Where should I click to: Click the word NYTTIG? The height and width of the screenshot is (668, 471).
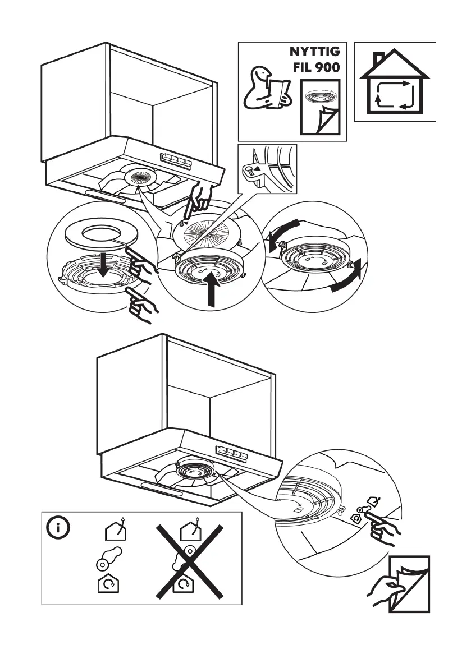coord(314,52)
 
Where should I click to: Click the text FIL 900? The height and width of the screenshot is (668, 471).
coord(316,67)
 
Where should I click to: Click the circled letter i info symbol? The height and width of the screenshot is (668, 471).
coord(57,528)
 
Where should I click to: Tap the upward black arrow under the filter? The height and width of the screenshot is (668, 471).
coord(212,290)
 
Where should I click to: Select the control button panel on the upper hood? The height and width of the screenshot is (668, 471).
coord(175,160)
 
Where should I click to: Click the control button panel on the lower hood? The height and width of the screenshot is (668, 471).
coord(231,454)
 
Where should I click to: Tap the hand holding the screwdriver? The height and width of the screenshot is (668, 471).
coord(199,197)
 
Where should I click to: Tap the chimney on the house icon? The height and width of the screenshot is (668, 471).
coord(379,58)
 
